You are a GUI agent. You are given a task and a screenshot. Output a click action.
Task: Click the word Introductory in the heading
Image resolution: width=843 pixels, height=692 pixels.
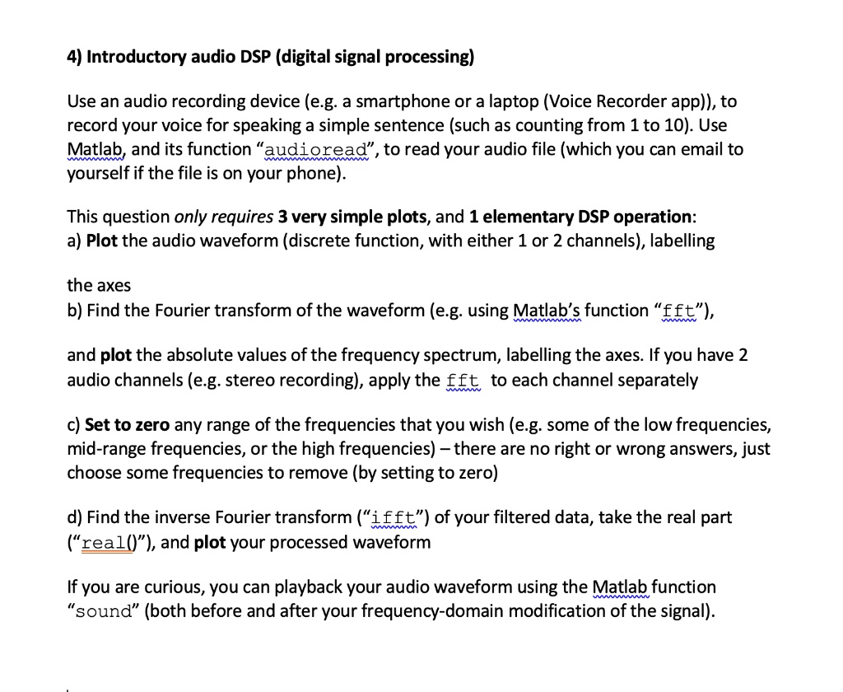(x=138, y=57)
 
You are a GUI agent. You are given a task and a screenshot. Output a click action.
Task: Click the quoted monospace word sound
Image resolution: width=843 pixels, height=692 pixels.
(x=104, y=611)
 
